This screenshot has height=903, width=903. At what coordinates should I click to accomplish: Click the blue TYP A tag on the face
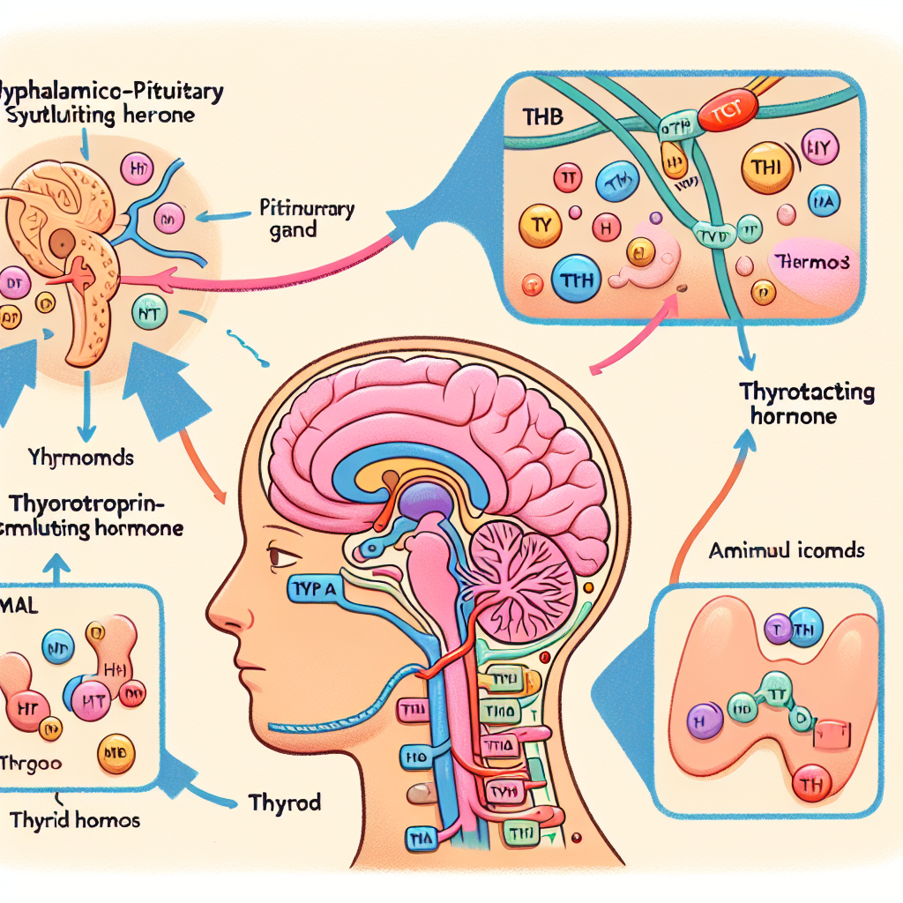[x=319, y=588]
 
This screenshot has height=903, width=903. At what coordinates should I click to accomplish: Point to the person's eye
[x=283, y=556]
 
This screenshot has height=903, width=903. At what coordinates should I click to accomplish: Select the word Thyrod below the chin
[x=285, y=803]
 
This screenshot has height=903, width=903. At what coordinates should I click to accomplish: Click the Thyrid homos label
[x=76, y=820]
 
